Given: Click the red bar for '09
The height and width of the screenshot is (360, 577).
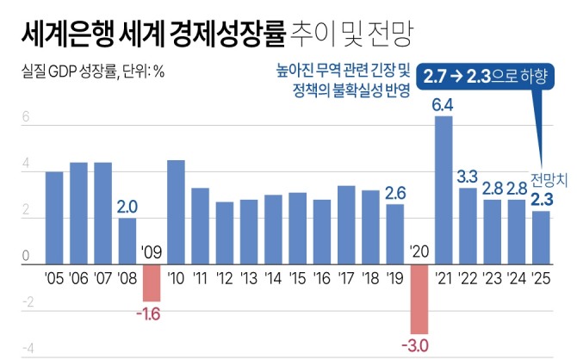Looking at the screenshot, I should pyautogui.click(x=152, y=282).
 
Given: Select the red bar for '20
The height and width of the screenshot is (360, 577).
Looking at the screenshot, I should pyautogui.click(x=419, y=299).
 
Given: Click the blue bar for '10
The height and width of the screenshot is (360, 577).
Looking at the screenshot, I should pyautogui.click(x=176, y=212).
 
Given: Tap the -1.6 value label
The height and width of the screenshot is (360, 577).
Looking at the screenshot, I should pyautogui.click(x=151, y=312).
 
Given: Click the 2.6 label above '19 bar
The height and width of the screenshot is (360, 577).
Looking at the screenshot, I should pyautogui.click(x=395, y=194).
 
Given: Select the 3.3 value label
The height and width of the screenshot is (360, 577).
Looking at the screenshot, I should pyautogui.click(x=468, y=177).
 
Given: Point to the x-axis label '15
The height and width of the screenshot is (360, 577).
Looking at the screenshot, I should pyautogui.click(x=297, y=279).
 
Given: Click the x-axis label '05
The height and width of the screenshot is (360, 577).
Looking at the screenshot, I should pyautogui.click(x=53, y=279).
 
